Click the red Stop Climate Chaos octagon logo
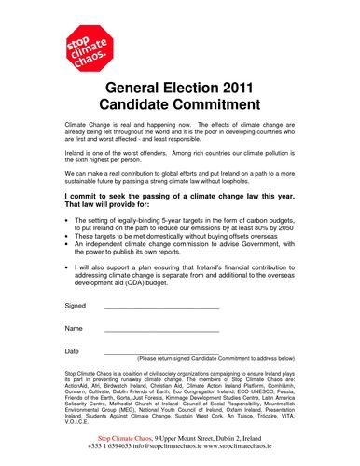89,44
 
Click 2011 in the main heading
232,89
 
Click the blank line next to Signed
160,308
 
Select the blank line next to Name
160,331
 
